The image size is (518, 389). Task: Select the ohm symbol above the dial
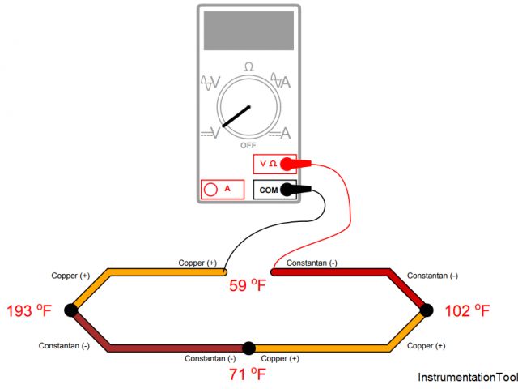248,67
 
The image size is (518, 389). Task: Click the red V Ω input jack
274,164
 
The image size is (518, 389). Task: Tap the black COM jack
274,190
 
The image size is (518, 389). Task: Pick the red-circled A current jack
222,190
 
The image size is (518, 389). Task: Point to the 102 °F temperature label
469,310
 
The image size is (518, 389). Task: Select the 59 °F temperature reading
248,285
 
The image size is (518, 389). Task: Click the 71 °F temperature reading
248,374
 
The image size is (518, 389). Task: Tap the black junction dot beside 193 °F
70,310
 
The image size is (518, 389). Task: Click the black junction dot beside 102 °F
427,310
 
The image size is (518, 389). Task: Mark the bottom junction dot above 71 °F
248,348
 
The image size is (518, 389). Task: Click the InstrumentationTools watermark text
467,378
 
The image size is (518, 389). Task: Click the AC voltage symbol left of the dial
210,82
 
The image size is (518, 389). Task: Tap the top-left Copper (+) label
70,276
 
